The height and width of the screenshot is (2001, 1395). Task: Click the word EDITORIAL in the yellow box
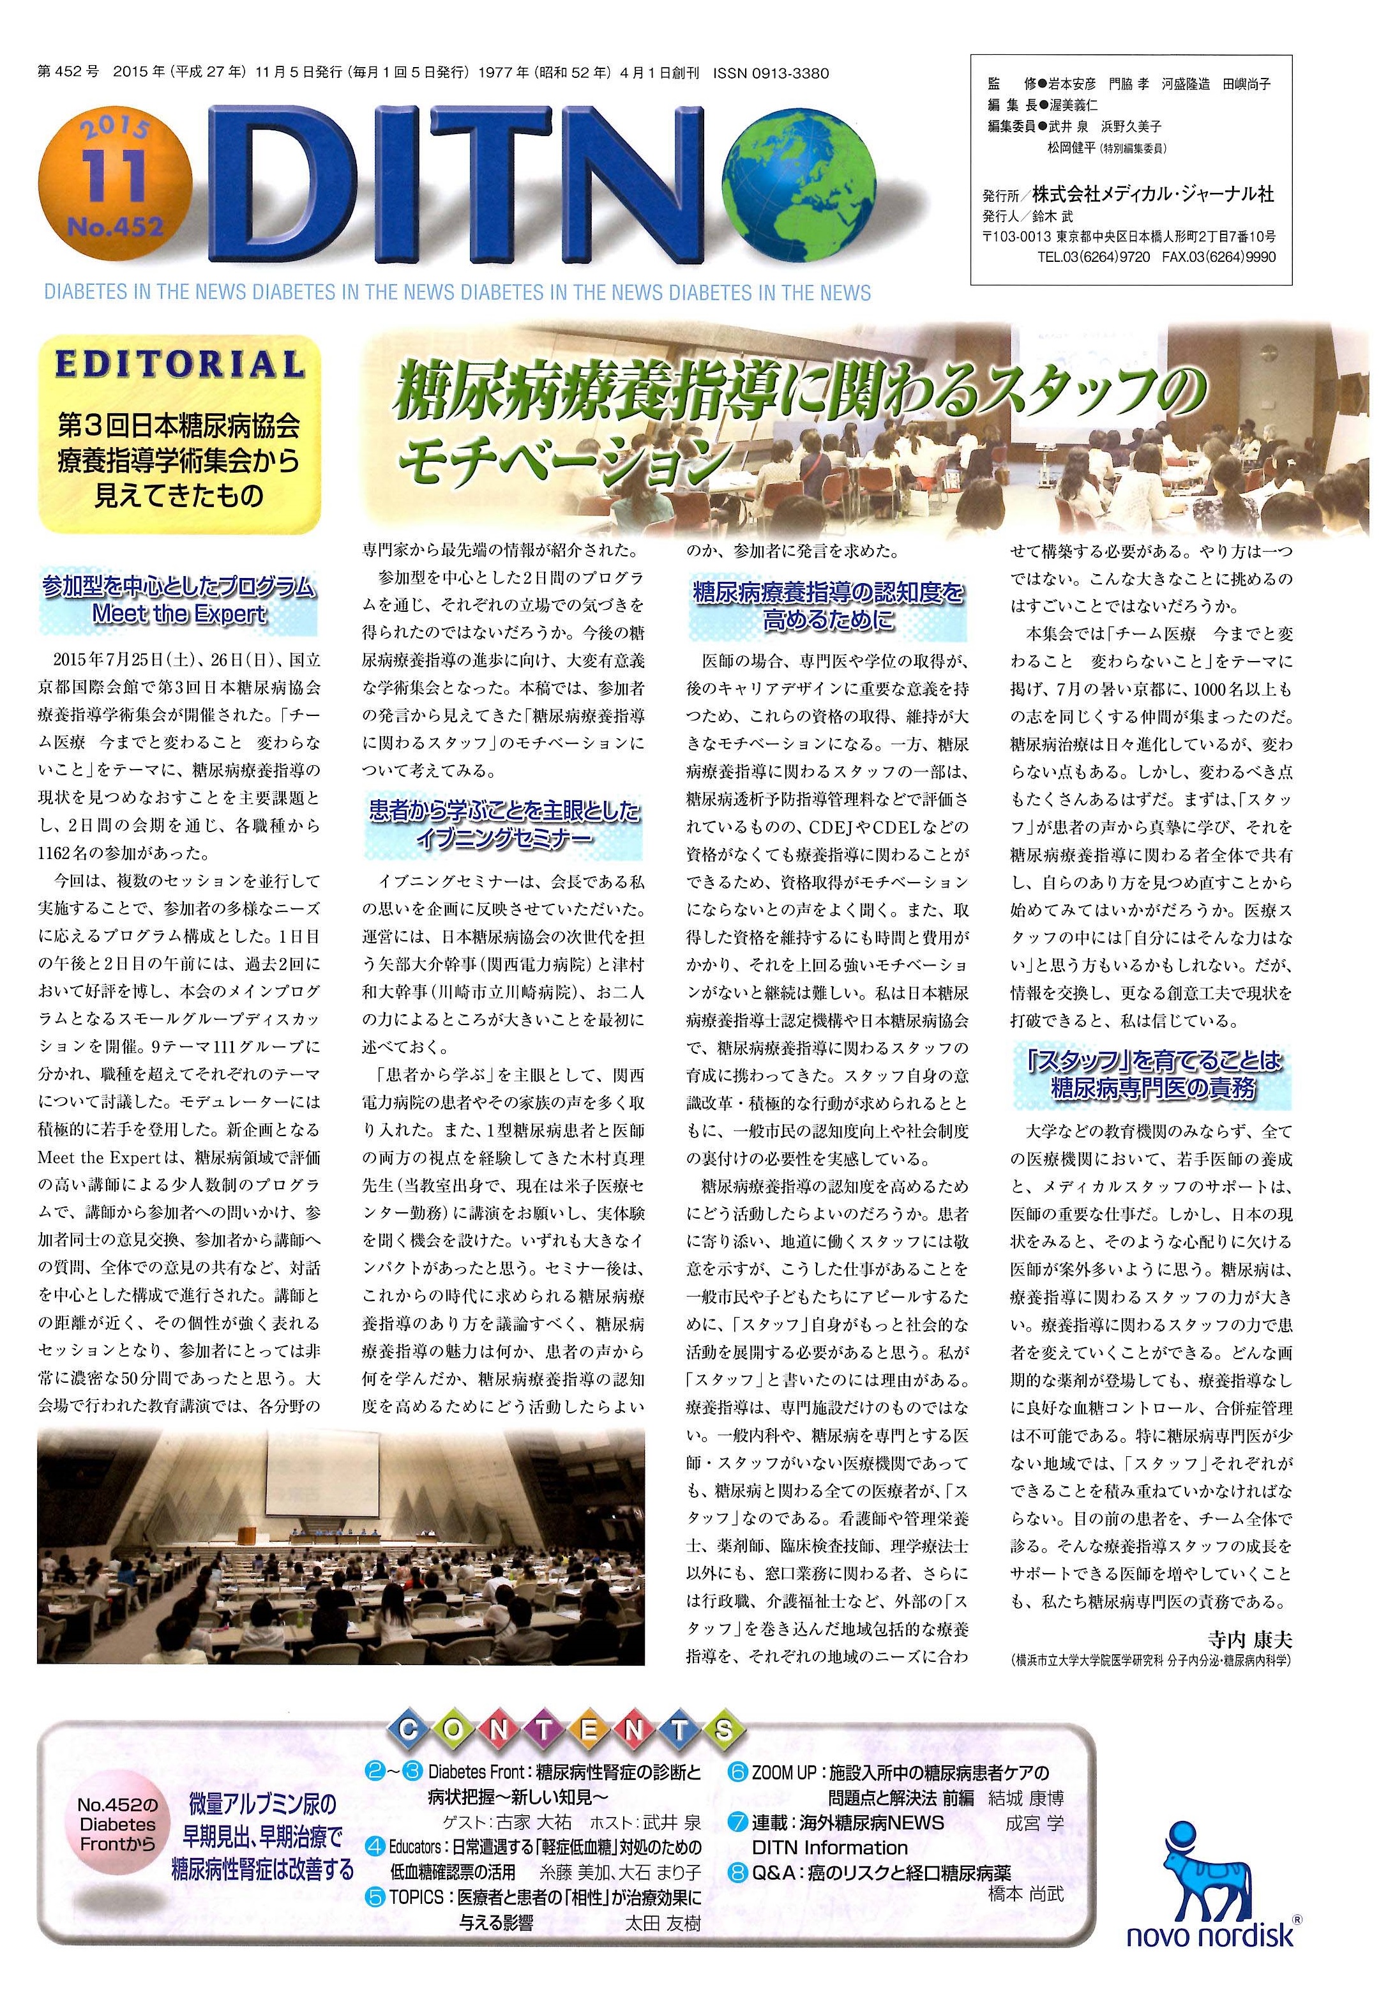pos(179,363)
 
